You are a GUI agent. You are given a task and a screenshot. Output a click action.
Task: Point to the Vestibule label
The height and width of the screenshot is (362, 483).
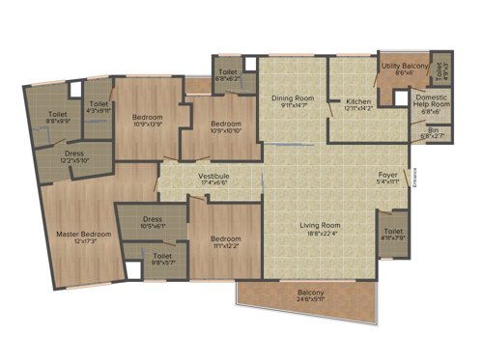[213, 177]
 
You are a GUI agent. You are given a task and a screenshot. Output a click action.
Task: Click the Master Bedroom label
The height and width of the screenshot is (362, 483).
[83, 235]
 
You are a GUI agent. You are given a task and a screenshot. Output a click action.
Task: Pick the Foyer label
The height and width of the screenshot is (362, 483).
[388, 175]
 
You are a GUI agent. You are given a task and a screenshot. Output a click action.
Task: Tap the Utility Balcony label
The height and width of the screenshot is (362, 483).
[403, 66]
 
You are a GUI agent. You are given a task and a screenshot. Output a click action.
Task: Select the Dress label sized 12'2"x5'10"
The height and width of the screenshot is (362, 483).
[74, 154]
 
